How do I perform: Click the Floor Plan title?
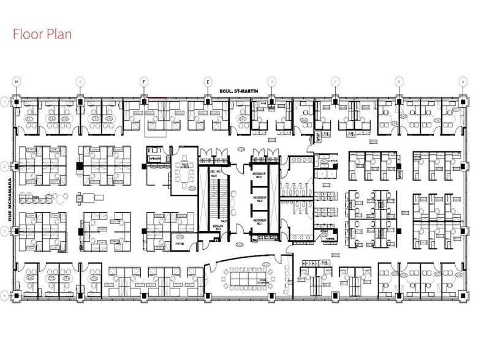[x=42, y=33]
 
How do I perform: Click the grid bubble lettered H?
[x=17, y=81]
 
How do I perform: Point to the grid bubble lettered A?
[x=463, y=81]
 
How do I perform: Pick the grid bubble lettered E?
[x=208, y=81]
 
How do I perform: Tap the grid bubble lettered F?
[x=144, y=81]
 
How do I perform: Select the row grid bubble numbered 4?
[x=5, y=296]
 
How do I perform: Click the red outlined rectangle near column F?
[x=155, y=117]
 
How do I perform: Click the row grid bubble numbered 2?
[x=5, y=166]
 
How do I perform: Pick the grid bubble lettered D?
[x=271, y=81]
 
